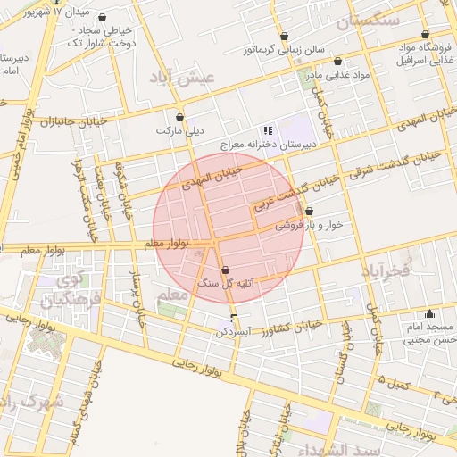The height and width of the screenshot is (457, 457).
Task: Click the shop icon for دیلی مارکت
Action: [x=180, y=117]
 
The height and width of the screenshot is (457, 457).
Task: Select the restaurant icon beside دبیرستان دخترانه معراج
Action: [x=269, y=130]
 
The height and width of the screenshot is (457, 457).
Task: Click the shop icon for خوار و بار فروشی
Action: [x=309, y=212]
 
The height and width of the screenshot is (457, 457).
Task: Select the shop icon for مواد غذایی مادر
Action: [x=337, y=62]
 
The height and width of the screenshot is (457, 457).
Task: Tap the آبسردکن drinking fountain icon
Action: [x=234, y=318]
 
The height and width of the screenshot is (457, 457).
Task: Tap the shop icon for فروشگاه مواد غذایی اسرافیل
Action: [x=424, y=35]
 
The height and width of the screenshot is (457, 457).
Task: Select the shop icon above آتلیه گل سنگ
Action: [x=224, y=270]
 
